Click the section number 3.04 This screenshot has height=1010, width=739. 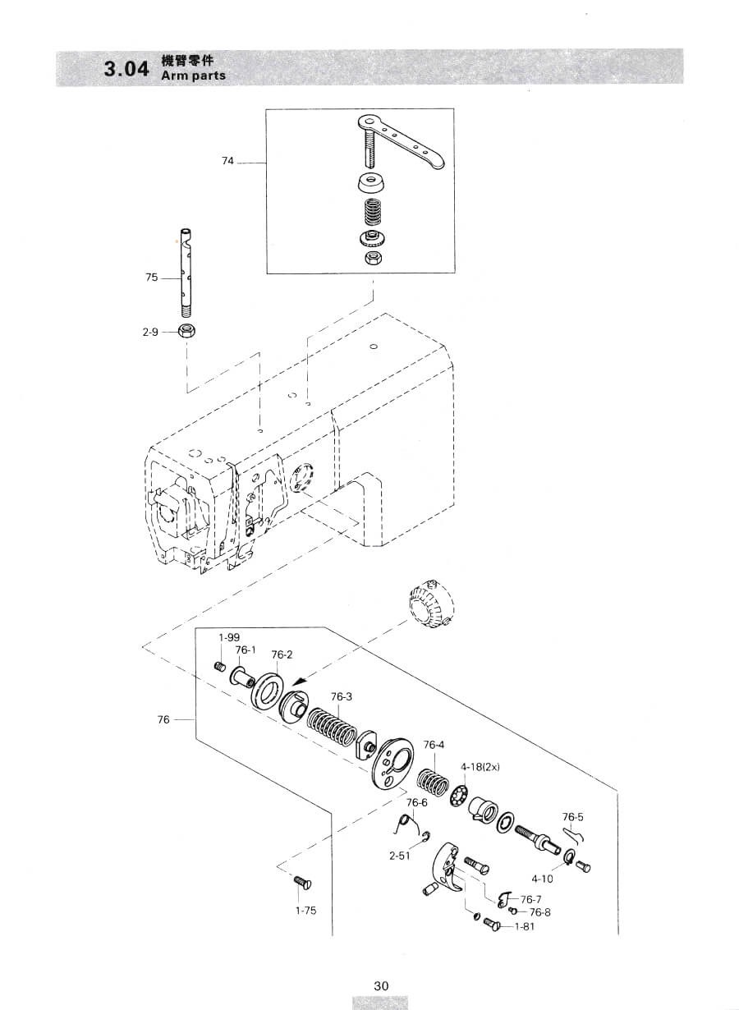(126, 69)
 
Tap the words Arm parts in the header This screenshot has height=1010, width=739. (194, 76)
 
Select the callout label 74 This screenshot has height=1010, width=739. (227, 161)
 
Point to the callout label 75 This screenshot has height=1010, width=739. (152, 278)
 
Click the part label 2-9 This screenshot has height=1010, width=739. (150, 333)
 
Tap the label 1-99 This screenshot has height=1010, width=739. (229, 637)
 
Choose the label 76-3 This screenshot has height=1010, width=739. (342, 696)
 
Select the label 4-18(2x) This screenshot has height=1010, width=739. (480, 766)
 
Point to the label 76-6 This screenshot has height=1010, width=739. (416, 802)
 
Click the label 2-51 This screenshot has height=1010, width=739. (400, 856)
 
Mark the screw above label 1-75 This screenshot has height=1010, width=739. (304, 883)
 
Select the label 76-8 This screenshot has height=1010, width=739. (539, 912)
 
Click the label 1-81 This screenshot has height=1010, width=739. (525, 926)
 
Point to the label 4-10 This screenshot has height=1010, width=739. (542, 879)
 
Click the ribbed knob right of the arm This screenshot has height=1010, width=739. (429, 604)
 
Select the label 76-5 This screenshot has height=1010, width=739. (572, 817)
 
